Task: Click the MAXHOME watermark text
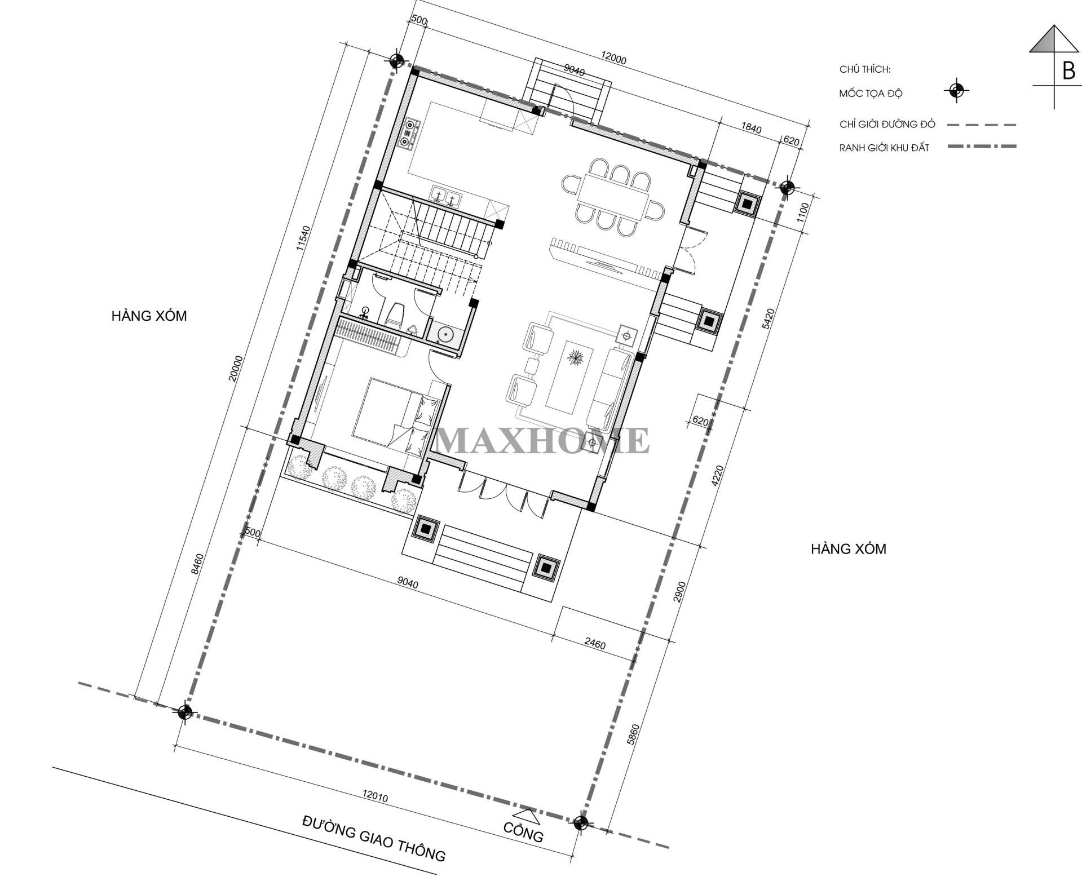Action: (x=542, y=440)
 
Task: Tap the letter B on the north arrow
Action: (x=1068, y=72)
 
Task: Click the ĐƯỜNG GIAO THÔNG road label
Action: (x=373, y=841)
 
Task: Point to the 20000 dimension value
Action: (x=235, y=369)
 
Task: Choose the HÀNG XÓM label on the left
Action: (x=149, y=316)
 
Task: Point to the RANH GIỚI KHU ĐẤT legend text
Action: (x=884, y=148)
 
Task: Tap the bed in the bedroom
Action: (x=395, y=415)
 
